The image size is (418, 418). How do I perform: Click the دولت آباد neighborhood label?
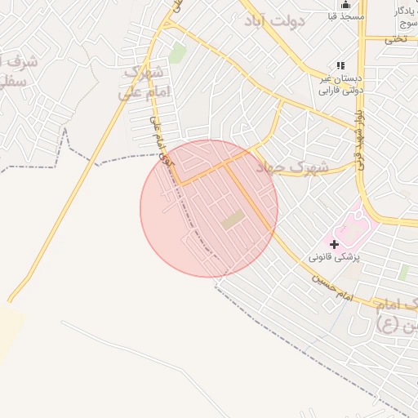[276, 20]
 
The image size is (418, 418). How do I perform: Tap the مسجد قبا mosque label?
[344, 16]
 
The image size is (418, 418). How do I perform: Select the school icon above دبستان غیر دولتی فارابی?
[341, 65]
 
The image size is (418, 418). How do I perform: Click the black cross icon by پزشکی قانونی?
[334, 243]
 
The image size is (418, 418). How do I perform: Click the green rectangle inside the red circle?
[233, 219]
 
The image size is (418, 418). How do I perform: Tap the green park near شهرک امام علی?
[177, 53]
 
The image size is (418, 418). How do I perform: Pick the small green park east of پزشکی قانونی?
[403, 272]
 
